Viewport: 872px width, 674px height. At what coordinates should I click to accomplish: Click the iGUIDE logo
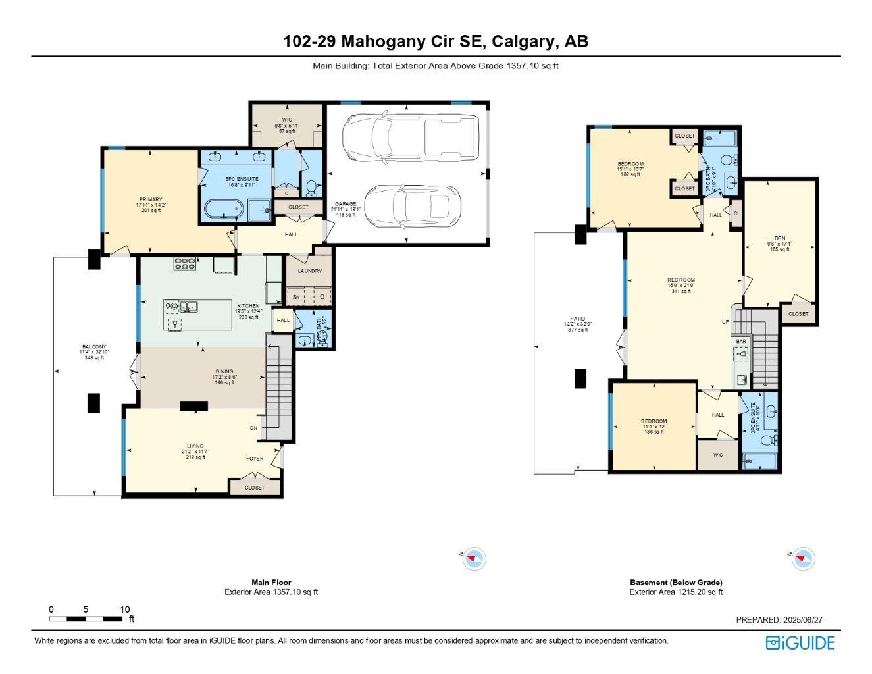(x=800, y=643)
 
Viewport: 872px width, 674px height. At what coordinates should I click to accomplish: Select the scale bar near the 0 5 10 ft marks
(x=85, y=619)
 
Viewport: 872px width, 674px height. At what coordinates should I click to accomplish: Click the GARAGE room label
(x=345, y=204)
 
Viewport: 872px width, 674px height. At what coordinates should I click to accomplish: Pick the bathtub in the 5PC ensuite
(x=223, y=210)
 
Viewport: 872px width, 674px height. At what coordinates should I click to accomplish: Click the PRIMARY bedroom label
(x=150, y=200)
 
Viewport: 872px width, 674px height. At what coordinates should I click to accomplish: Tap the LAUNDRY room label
(x=309, y=271)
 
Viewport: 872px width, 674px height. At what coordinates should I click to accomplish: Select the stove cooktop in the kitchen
(x=184, y=264)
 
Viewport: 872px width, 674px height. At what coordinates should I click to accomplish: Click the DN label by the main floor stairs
(x=254, y=428)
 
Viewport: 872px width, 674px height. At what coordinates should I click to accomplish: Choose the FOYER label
(x=255, y=459)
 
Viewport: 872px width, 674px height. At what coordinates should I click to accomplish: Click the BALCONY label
(x=94, y=347)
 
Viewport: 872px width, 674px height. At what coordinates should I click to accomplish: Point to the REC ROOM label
(x=681, y=280)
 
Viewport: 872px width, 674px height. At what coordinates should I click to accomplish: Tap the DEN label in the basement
(x=780, y=238)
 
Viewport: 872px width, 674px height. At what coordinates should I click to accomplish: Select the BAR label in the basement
(x=741, y=342)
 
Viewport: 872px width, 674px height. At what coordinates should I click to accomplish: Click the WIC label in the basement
(x=718, y=455)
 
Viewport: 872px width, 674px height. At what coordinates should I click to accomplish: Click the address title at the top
(x=436, y=41)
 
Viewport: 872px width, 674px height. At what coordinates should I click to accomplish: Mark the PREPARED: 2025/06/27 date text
(x=779, y=620)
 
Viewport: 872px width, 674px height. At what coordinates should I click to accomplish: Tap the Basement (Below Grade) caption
(x=676, y=583)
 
